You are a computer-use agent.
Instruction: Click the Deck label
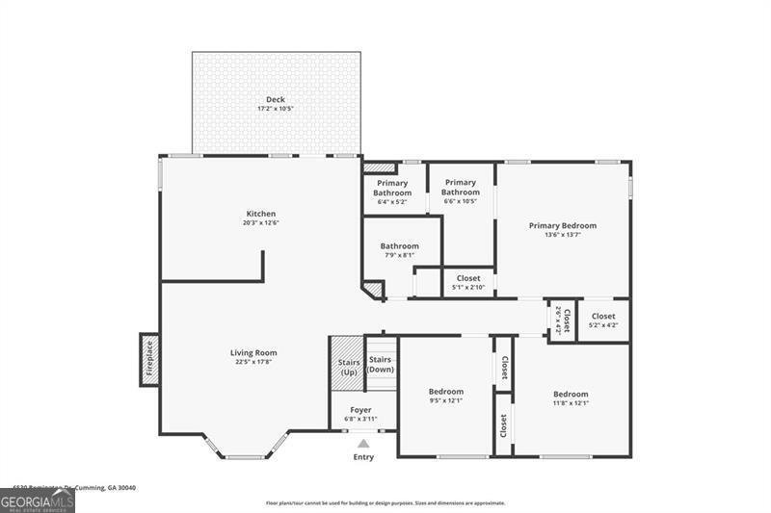[x=276, y=100]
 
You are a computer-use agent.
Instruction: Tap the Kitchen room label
[x=260, y=214]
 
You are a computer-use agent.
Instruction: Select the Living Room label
[x=253, y=352]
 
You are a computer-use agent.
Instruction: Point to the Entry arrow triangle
[x=363, y=444]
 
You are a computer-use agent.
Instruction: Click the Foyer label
[x=360, y=410]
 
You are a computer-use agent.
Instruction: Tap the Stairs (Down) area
[x=381, y=365]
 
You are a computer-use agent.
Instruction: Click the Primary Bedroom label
[x=562, y=226]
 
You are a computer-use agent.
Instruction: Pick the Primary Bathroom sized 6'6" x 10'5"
[x=461, y=188]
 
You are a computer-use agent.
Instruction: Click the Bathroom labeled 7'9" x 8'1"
[x=399, y=246]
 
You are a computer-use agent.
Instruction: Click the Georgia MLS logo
[x=38, y=501]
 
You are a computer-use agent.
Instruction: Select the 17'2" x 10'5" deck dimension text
[x=276, y=109]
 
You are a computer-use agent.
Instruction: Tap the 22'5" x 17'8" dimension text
[x=253, y=363]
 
